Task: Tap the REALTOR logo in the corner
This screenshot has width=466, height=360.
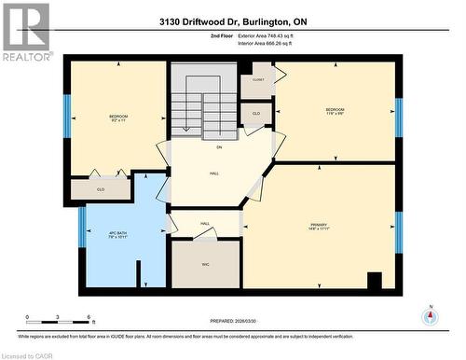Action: coord(26,33)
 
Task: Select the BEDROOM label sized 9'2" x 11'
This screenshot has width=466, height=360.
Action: coord(117,118)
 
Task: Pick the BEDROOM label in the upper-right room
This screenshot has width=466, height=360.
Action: coord(336,110)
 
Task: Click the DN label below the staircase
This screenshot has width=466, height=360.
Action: coord(219,148)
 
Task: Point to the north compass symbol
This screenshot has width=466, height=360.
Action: coord(430,315)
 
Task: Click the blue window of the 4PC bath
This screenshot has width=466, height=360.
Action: coord(82,230)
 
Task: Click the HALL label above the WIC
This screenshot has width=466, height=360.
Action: coord(205,224)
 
